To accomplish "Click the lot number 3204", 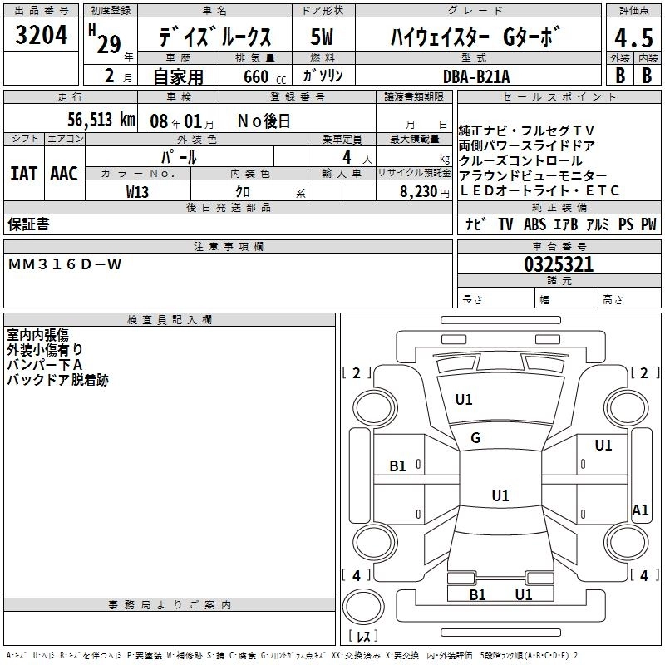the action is tap(41, 35).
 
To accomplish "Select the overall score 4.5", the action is tap(633, 38).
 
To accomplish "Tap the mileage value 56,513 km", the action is tap(101, 120).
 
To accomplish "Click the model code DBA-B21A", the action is tap(476, 76).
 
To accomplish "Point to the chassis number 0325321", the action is tap(559, 264).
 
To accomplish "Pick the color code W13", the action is tap(137, 192).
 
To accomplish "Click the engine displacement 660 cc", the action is tap(264, 76).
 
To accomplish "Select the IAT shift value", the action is tap(24, 174).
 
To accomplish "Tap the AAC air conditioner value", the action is tap(64, 174).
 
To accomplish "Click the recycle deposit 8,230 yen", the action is tap(425, 192).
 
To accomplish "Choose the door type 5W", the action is tap(322, 37).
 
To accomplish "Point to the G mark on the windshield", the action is tap(475, 438).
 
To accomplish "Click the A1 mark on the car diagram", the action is tap(640, 510).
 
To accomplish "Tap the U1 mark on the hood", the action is tap(464, 400).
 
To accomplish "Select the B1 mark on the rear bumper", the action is tap(477, 594).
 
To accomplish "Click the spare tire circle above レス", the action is tap(363, 606).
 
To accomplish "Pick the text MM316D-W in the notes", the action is tap(65, 264).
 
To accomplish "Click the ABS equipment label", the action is tap(534, 224).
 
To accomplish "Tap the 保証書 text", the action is tap(28, 224).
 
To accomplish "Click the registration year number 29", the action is tap(109, 44).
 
